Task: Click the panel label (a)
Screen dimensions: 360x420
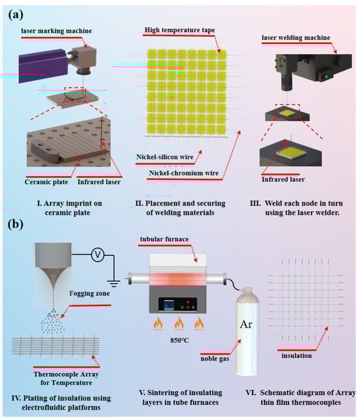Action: (16, 14)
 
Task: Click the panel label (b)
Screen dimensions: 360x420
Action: (16, 224)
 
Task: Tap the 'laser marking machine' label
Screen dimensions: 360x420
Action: (56, 31)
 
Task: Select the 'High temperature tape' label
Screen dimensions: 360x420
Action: (179, 29)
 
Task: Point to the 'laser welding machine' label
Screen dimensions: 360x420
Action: (296, 37)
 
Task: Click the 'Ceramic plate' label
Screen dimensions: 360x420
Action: (46, 182)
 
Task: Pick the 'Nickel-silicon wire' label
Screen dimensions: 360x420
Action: (164, 157)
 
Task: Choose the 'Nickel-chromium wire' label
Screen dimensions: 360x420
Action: (184, 173)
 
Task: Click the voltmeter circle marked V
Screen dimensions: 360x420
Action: (98, 254)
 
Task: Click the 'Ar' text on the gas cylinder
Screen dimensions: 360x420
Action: (246, 324)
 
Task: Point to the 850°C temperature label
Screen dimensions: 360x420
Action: (179, 340)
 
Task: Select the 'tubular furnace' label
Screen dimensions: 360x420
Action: (164, 239)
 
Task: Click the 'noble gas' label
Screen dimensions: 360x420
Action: (215, 359)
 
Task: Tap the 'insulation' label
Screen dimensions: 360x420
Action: (297, 355)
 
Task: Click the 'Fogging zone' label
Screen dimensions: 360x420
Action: (90, 293)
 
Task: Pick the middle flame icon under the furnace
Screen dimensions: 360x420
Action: (179, 323)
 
